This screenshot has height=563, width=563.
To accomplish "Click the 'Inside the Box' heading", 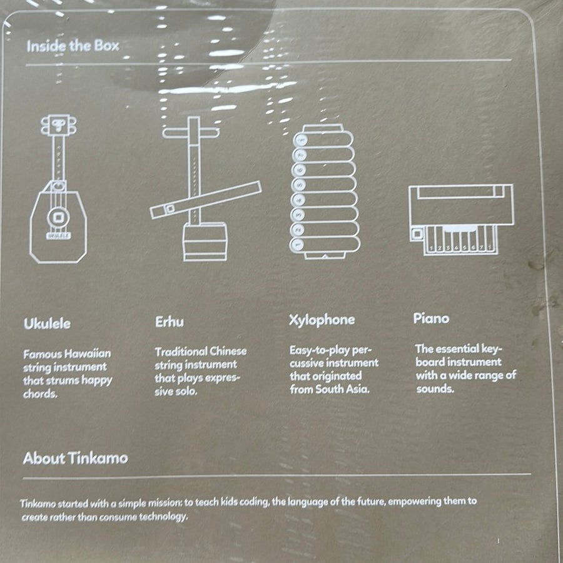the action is tap(73, 46).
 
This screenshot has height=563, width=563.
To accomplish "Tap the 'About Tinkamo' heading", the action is tap(76, 458).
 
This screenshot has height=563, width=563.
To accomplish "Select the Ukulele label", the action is tap(47, 323).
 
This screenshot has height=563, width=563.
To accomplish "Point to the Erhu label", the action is tap(169, 322).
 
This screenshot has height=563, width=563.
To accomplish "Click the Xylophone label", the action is tap(322, 320).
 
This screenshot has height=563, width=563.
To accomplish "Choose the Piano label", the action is tap(431, 318).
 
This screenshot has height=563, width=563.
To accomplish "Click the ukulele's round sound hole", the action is tap(58, 217).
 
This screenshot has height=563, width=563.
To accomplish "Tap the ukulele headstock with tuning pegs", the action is tap(59, 125).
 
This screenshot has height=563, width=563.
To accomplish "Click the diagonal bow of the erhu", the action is tap(206, 200).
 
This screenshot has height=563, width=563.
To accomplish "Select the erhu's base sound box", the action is tap(205, 241).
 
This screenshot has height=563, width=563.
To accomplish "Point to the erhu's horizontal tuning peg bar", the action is tap(191, 133).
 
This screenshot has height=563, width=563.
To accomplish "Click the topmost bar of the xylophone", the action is tap(323, 139).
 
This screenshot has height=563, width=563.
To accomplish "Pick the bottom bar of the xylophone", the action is tap(324, 244).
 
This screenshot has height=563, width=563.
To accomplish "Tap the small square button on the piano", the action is tap(417, 234).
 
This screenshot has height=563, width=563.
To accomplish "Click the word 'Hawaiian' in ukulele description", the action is tap(88, 353).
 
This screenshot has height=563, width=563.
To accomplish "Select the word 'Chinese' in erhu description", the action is tap(228, 351).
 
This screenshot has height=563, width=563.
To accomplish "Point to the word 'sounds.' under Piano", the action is tap(435, 388).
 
